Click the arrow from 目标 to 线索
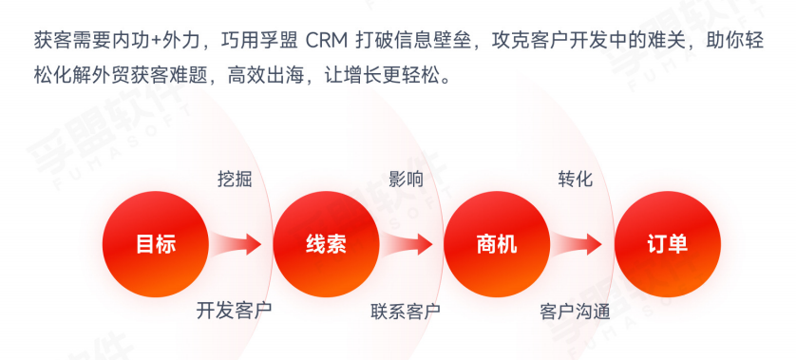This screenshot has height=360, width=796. [x=237, y=244]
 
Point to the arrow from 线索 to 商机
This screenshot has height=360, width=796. [x=407, y=244]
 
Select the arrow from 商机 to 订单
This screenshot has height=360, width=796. [x=578, y=244]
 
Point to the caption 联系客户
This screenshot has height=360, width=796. [x=406, y=311]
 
